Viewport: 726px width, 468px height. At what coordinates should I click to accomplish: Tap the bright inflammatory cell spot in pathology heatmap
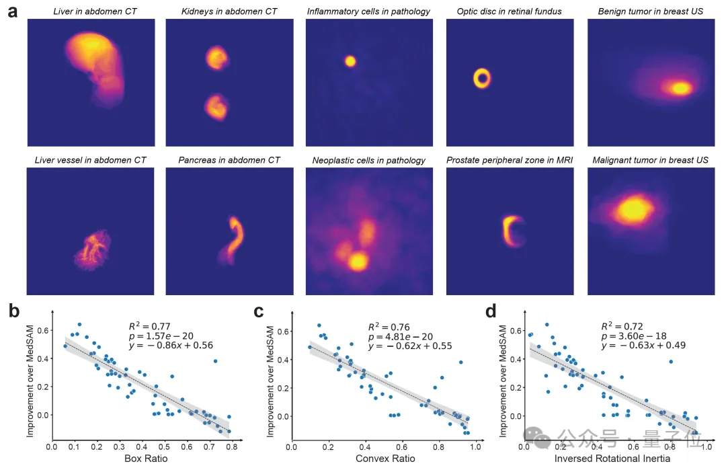350,61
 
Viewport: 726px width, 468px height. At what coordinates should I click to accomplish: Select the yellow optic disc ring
482,78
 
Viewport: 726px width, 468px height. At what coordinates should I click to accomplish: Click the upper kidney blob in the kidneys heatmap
217,58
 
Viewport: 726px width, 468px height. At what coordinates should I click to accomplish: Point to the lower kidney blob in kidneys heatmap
216,107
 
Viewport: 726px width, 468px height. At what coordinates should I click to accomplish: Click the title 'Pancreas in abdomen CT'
229,160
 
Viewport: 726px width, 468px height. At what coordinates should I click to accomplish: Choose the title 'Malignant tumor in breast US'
650,160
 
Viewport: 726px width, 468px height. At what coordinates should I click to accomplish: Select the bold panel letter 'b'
13,311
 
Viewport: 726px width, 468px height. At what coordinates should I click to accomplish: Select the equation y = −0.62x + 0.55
409,346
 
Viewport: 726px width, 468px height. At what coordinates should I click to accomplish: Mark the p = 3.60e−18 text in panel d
639,336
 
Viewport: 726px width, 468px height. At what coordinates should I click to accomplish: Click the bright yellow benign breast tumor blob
680,88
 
